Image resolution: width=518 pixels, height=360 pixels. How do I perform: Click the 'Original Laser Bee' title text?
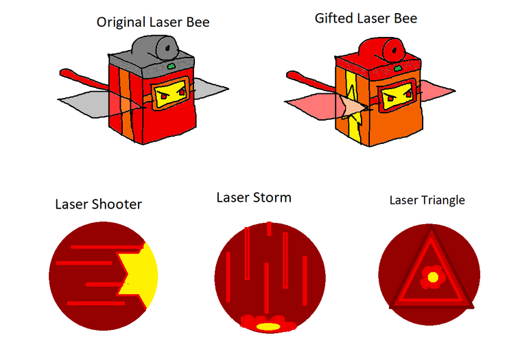(152, 23)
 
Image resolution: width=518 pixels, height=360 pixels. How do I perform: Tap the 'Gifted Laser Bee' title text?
(365, 19)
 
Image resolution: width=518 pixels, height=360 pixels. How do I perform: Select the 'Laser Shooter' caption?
(99, 204)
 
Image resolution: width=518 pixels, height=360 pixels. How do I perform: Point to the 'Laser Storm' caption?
(253, 197)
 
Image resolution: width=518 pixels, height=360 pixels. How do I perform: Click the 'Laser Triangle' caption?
(427, 200)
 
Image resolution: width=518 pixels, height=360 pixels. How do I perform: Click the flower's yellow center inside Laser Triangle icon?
(433, 277)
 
